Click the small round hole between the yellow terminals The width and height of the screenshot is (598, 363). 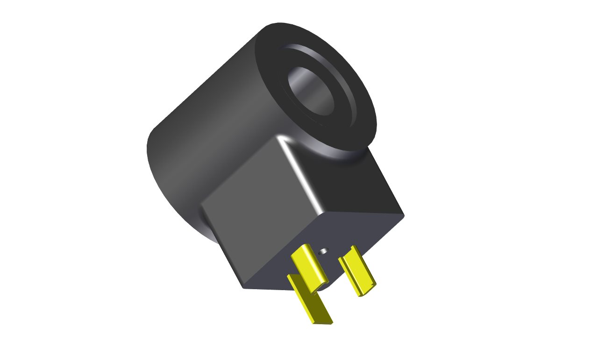[323, 251]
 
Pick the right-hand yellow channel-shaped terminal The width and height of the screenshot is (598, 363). [358, 271]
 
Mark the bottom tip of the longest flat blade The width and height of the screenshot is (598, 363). [322, 322]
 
